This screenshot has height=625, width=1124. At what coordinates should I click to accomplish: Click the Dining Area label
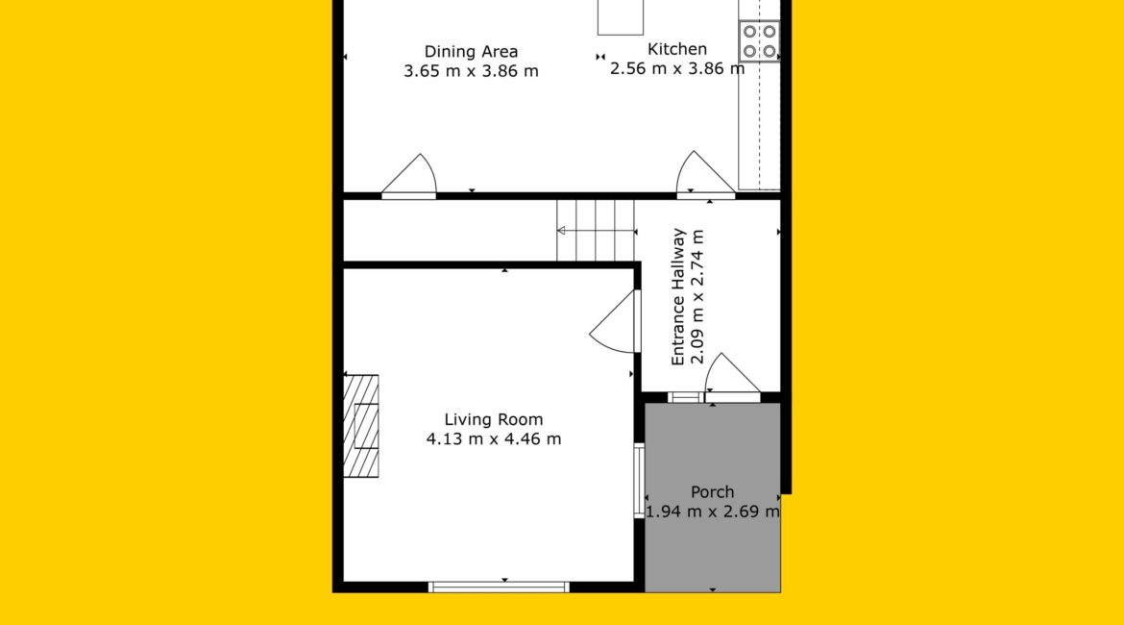tap(471, 52)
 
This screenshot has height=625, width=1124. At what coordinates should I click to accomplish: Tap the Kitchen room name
tap(677, 49)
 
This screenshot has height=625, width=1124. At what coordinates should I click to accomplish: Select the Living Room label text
tap(493, 420)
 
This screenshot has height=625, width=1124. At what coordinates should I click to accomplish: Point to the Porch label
tap(712, 492)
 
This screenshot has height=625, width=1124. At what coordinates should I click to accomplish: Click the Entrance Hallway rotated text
tap(678, 297)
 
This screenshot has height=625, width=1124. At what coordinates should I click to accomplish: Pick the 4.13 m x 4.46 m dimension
tap(493, 439)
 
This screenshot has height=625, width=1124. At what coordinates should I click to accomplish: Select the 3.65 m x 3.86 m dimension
tap(471, 71)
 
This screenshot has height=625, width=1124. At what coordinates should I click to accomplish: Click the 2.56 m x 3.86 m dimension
tap(676, 69)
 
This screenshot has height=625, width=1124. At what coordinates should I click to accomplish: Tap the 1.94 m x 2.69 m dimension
tap(712, 512)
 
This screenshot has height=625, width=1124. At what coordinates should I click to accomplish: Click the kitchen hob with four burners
tap(759, 41)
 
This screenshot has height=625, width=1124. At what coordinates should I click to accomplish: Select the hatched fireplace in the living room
tap(360, 426)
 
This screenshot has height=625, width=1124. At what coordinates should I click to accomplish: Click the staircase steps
tap(596, 231)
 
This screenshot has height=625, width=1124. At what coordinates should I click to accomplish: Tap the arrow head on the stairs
tap(561, 231)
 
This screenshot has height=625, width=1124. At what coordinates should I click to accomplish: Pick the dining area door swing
tap(409, 175)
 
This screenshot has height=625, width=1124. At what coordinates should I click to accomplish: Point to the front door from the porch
tap(732, 378)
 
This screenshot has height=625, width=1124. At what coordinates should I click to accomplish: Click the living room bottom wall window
tap(499, 587)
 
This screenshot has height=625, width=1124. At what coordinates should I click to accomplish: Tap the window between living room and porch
tap(639, 481)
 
